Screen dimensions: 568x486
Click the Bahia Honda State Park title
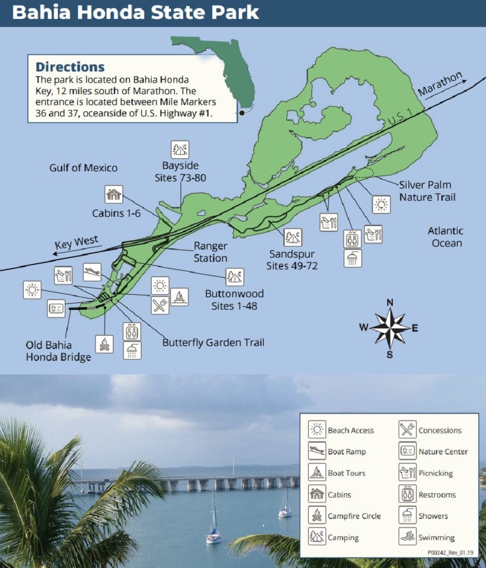(x=135, y=12)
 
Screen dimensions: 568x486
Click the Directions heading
(x=70, y=67)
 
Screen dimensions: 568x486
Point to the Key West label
(x=76, y=243)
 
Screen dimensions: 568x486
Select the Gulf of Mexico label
(x=83, y=168)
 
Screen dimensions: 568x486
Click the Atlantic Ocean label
(x=445, y=237)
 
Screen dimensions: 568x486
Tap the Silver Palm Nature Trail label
(x=425, y=191)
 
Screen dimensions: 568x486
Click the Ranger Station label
(x=210, y=252)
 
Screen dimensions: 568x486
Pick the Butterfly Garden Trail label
(x=213, y=342)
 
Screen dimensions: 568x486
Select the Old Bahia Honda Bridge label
(x=58, y=352)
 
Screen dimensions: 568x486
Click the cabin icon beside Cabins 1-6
(x=114, y=194)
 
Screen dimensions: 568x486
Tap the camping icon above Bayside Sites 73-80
(x=180, y=149)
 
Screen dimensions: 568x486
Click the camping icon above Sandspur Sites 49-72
(x=293, y=237)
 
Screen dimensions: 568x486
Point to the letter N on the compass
(x=390, y=302)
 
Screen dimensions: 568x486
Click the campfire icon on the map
(x=104, y=344)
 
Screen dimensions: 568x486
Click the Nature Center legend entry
(x=434, y=452)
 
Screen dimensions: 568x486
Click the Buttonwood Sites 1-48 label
(x=234, y=300)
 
